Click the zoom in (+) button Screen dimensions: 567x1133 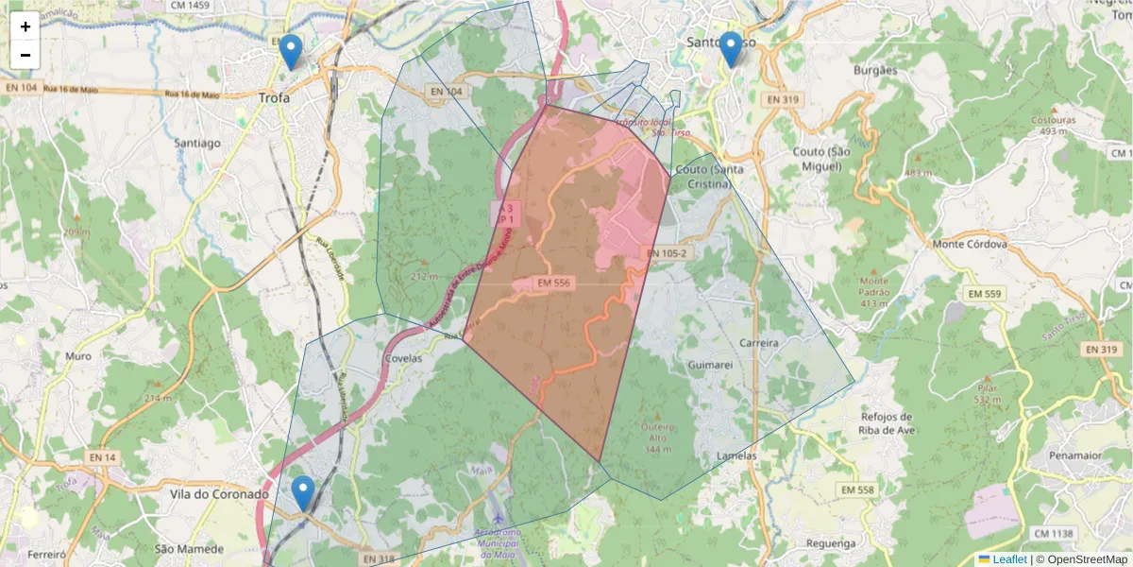25,26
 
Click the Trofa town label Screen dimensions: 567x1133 275,97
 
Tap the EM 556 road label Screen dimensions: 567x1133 554,283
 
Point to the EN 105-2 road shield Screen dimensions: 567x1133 665,253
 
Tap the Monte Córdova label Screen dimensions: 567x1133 970,244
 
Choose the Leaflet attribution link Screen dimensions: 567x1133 1009,559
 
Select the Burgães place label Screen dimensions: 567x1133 874,70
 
